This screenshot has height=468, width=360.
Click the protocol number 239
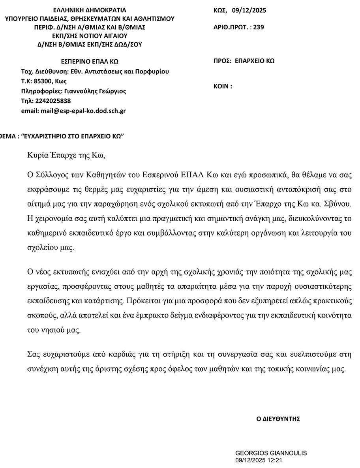pyautogui.click(x=259, y=27)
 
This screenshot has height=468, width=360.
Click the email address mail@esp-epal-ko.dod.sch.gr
pyautogui.click(x=83, y=111)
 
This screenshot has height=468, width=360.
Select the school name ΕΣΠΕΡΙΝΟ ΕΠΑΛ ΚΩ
pyautogui.click(x=90, y=61)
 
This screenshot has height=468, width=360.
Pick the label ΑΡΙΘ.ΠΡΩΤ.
pyautogui.click(x=230, y=27)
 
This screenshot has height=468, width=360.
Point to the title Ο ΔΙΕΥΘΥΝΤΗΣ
pyautogui.click(x=278, y=419)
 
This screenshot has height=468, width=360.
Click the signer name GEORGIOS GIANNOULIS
pyautogui.click(x=271, y=453)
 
